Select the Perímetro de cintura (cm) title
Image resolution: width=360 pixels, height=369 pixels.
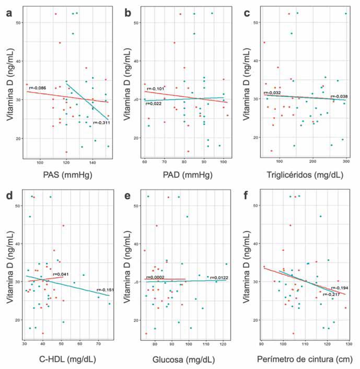[x=305, y=359]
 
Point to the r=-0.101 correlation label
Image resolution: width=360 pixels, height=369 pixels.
[x=156, y=89]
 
